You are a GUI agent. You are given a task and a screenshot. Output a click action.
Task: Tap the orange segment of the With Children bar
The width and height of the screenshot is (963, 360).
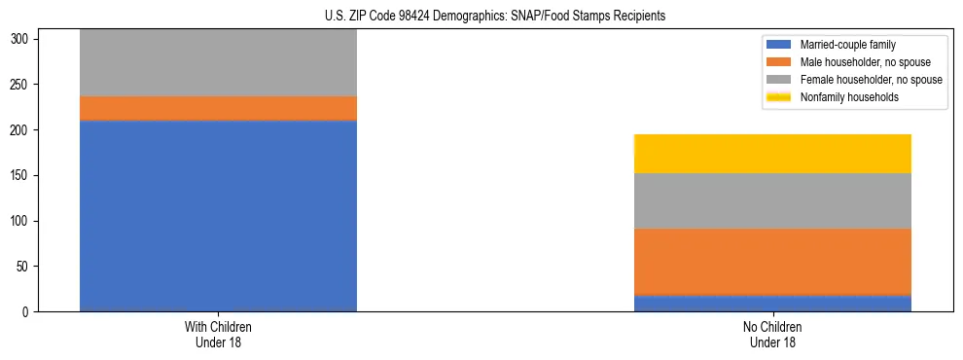[x=218, y=108]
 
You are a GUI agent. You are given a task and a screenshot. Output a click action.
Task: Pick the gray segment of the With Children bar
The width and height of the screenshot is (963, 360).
[x=218, y=63]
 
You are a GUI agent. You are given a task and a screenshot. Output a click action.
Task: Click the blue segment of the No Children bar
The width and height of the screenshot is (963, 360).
[x=772, y=303]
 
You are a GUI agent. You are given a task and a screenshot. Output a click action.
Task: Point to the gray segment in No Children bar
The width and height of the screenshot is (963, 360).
[x=772, y=201]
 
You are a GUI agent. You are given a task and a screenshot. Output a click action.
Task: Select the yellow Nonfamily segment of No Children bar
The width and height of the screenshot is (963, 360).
[x=772, y=154]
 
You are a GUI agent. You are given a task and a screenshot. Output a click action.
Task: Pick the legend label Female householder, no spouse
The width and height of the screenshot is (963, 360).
[x=871, y=80]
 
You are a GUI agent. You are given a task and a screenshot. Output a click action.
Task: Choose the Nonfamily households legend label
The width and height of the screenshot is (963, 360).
[x=848, y=97]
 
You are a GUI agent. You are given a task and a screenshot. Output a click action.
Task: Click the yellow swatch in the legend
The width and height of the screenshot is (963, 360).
[x=779, y=97]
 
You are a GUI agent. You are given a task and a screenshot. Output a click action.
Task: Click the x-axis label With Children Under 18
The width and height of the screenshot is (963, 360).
[x=218, y=335]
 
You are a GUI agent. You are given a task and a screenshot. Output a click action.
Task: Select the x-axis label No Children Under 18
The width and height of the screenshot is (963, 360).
[x=772, y=335]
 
